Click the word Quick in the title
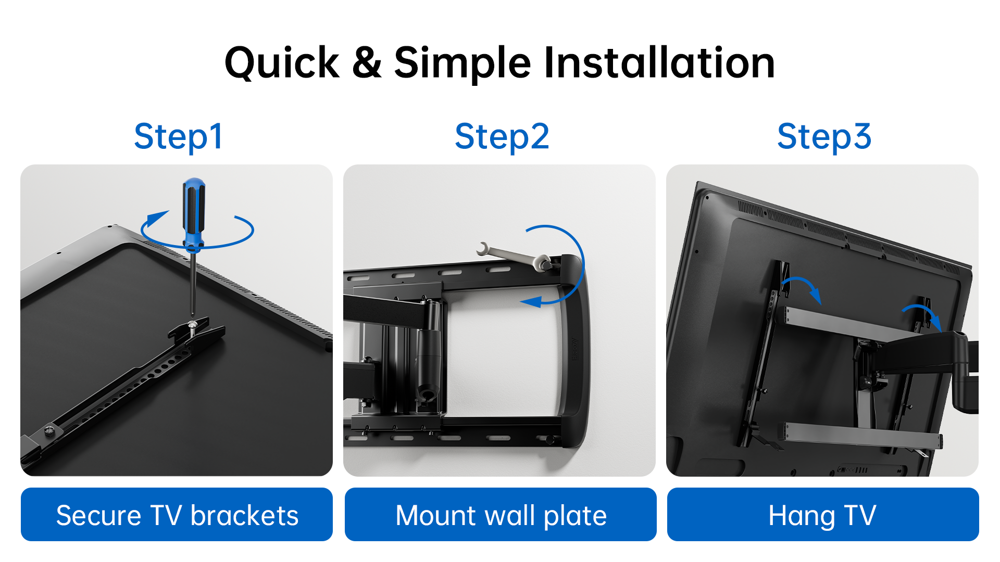282,63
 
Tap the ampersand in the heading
367,63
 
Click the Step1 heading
178,137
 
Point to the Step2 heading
502,137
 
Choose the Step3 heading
824,137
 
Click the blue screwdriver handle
193,213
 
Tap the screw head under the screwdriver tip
193,325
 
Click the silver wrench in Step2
514,256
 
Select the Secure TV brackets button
177,514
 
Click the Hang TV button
823,514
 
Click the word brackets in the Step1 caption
244,516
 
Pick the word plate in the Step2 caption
575,517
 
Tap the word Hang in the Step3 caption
802,517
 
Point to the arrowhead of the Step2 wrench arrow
530,301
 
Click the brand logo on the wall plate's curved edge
574,349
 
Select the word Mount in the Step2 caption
436,516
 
